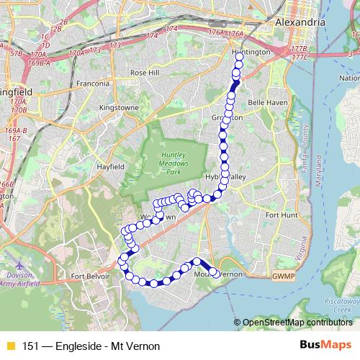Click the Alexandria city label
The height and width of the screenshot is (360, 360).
point(300,22)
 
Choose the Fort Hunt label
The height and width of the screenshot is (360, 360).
point(279,215)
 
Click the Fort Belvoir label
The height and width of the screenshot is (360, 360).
point(91,276)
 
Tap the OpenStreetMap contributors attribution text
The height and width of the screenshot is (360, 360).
point(297,322)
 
